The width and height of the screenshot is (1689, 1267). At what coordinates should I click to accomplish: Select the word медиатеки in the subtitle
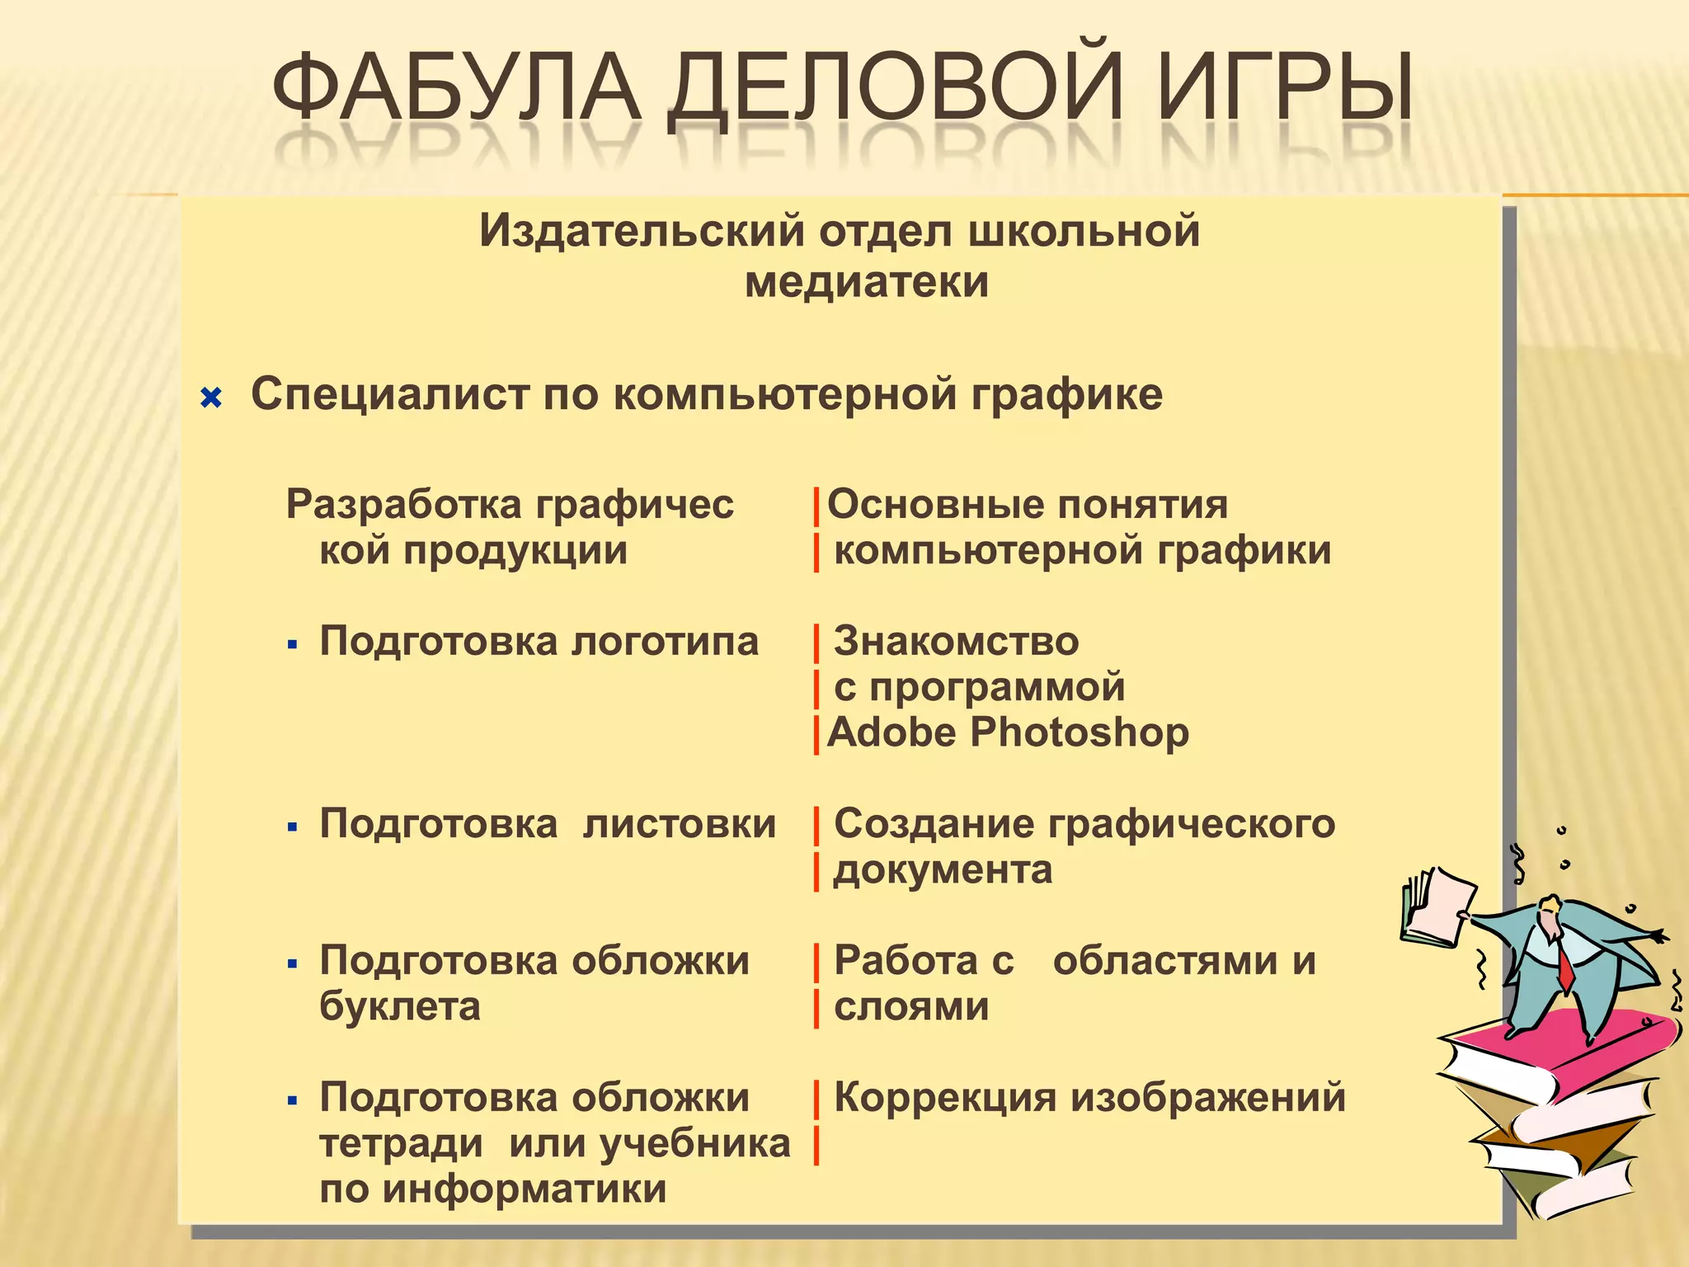(x=866, y=282)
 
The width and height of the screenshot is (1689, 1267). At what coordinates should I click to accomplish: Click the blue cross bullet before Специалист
(x=212, y=399)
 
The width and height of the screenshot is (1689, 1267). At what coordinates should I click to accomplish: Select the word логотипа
(x=665, y=642)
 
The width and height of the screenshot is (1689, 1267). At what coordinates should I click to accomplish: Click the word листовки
(x=679, y=824)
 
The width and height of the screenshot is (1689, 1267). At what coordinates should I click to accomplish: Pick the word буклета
(x=399, y=1006)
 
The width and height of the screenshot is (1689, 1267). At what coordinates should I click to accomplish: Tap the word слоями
(x=910, y=1006)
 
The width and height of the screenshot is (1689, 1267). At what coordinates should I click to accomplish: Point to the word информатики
(x=525, y=1189)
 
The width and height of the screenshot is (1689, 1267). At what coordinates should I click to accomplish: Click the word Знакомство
(x=956, y=642)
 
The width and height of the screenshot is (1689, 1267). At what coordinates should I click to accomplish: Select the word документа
(x=943, y=870)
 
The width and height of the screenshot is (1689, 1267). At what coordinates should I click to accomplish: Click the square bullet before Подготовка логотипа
(x=292, y=644)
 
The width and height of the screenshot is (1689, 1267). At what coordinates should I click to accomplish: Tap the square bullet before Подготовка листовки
(x=292, y=827)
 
